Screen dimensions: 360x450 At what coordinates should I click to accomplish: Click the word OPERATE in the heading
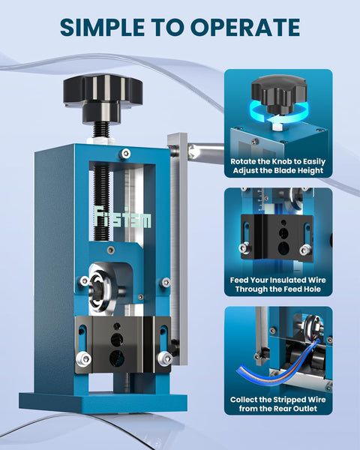[x=245, y=27]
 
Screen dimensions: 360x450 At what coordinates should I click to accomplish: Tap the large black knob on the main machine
[x=103, y=98]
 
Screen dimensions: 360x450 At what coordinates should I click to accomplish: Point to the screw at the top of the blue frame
[x=125, y=154]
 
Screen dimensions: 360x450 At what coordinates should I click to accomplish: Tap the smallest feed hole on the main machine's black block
[x=117, y=325]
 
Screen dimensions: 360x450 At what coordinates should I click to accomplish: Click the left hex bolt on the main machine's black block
[x=84, y=359]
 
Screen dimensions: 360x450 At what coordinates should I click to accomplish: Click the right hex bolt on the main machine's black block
[x=165, y=358]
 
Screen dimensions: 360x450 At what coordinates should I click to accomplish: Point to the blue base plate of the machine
[x=103, y=402]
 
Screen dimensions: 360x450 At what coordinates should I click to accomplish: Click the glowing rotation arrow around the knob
[x=278, y=113]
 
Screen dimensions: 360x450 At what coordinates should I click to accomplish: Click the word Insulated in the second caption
[x=288, y=280]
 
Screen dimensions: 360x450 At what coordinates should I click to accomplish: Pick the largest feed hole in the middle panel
[x=283, y=248]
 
